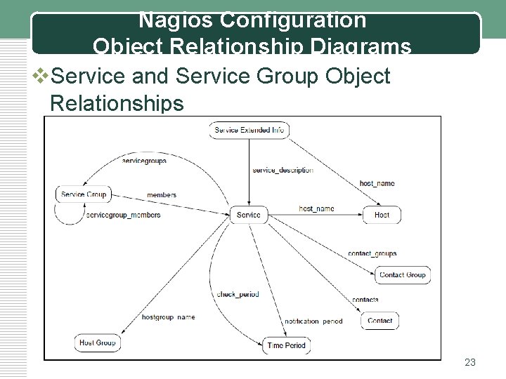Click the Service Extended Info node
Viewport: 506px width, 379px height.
pyautogui.click(x=249, y=130)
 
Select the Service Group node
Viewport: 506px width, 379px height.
pyautogui.click(x=83, y=194)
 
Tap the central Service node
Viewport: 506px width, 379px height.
pyautogui.click(x=248, y=215)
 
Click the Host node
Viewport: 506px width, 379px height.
pyautogui.click(x=382, y=215)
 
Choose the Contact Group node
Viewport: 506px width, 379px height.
pyautogui.click(x=402, y=274)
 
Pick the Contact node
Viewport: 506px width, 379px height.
pyautogui.click(x=380, y=321)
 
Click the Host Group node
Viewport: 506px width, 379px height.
pyautogui.click(x=98, y=343)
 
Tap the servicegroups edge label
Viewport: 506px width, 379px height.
pyautogui.click(x=144, y=161)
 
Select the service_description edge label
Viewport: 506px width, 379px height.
pyautogui.click(x=283, y=170)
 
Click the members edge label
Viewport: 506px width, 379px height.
pyautogui.click(x=162, y=194)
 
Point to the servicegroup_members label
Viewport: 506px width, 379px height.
pyautogui.click(x=123, y=215)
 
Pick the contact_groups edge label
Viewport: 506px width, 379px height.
pyautogui.click(x=372, y=253)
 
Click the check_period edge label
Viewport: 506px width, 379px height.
pyautogui.click(x=238, y=294)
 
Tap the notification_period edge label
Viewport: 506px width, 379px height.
pyautogui.click(x=313, y=321)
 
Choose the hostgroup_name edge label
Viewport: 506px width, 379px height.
pyautogui.click(x=168, y=317)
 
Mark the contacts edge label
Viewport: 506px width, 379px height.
pyautogui.click(x=365, y=300)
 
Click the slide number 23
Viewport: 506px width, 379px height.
pyautogui.click(x=470, y=362)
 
